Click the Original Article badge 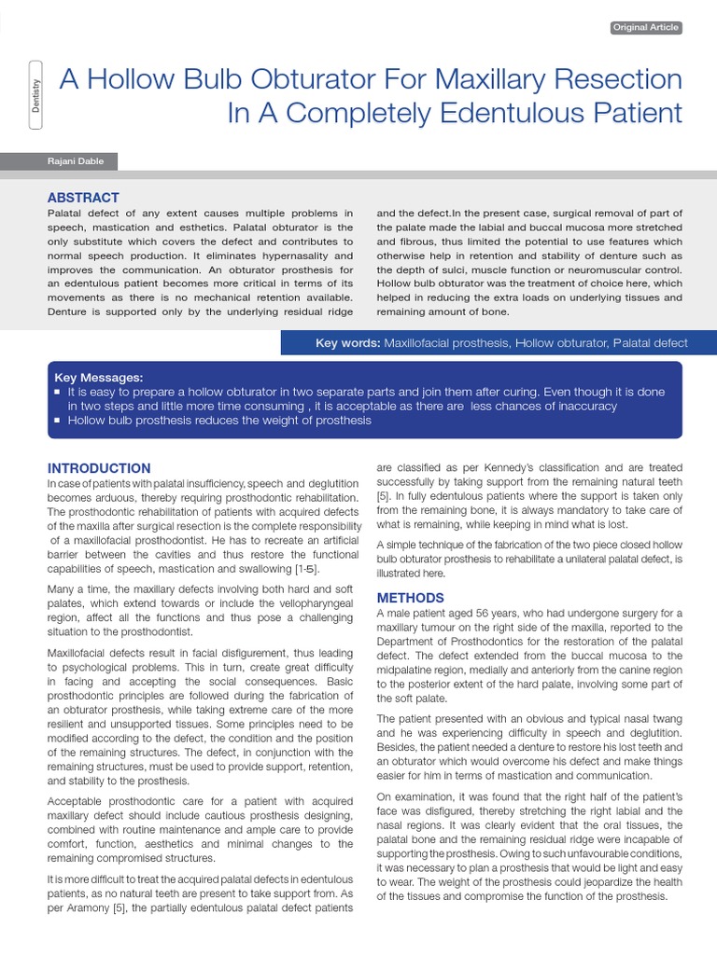point(646,28)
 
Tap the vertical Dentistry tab point(35,97)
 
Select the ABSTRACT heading point(83,198)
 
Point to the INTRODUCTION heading point(99,468)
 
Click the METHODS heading point(410,598)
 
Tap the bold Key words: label point(347,343)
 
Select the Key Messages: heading point(99,378)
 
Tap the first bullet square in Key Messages point(58,393)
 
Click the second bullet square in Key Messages point(58,421)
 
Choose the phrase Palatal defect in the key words point(650,343)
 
